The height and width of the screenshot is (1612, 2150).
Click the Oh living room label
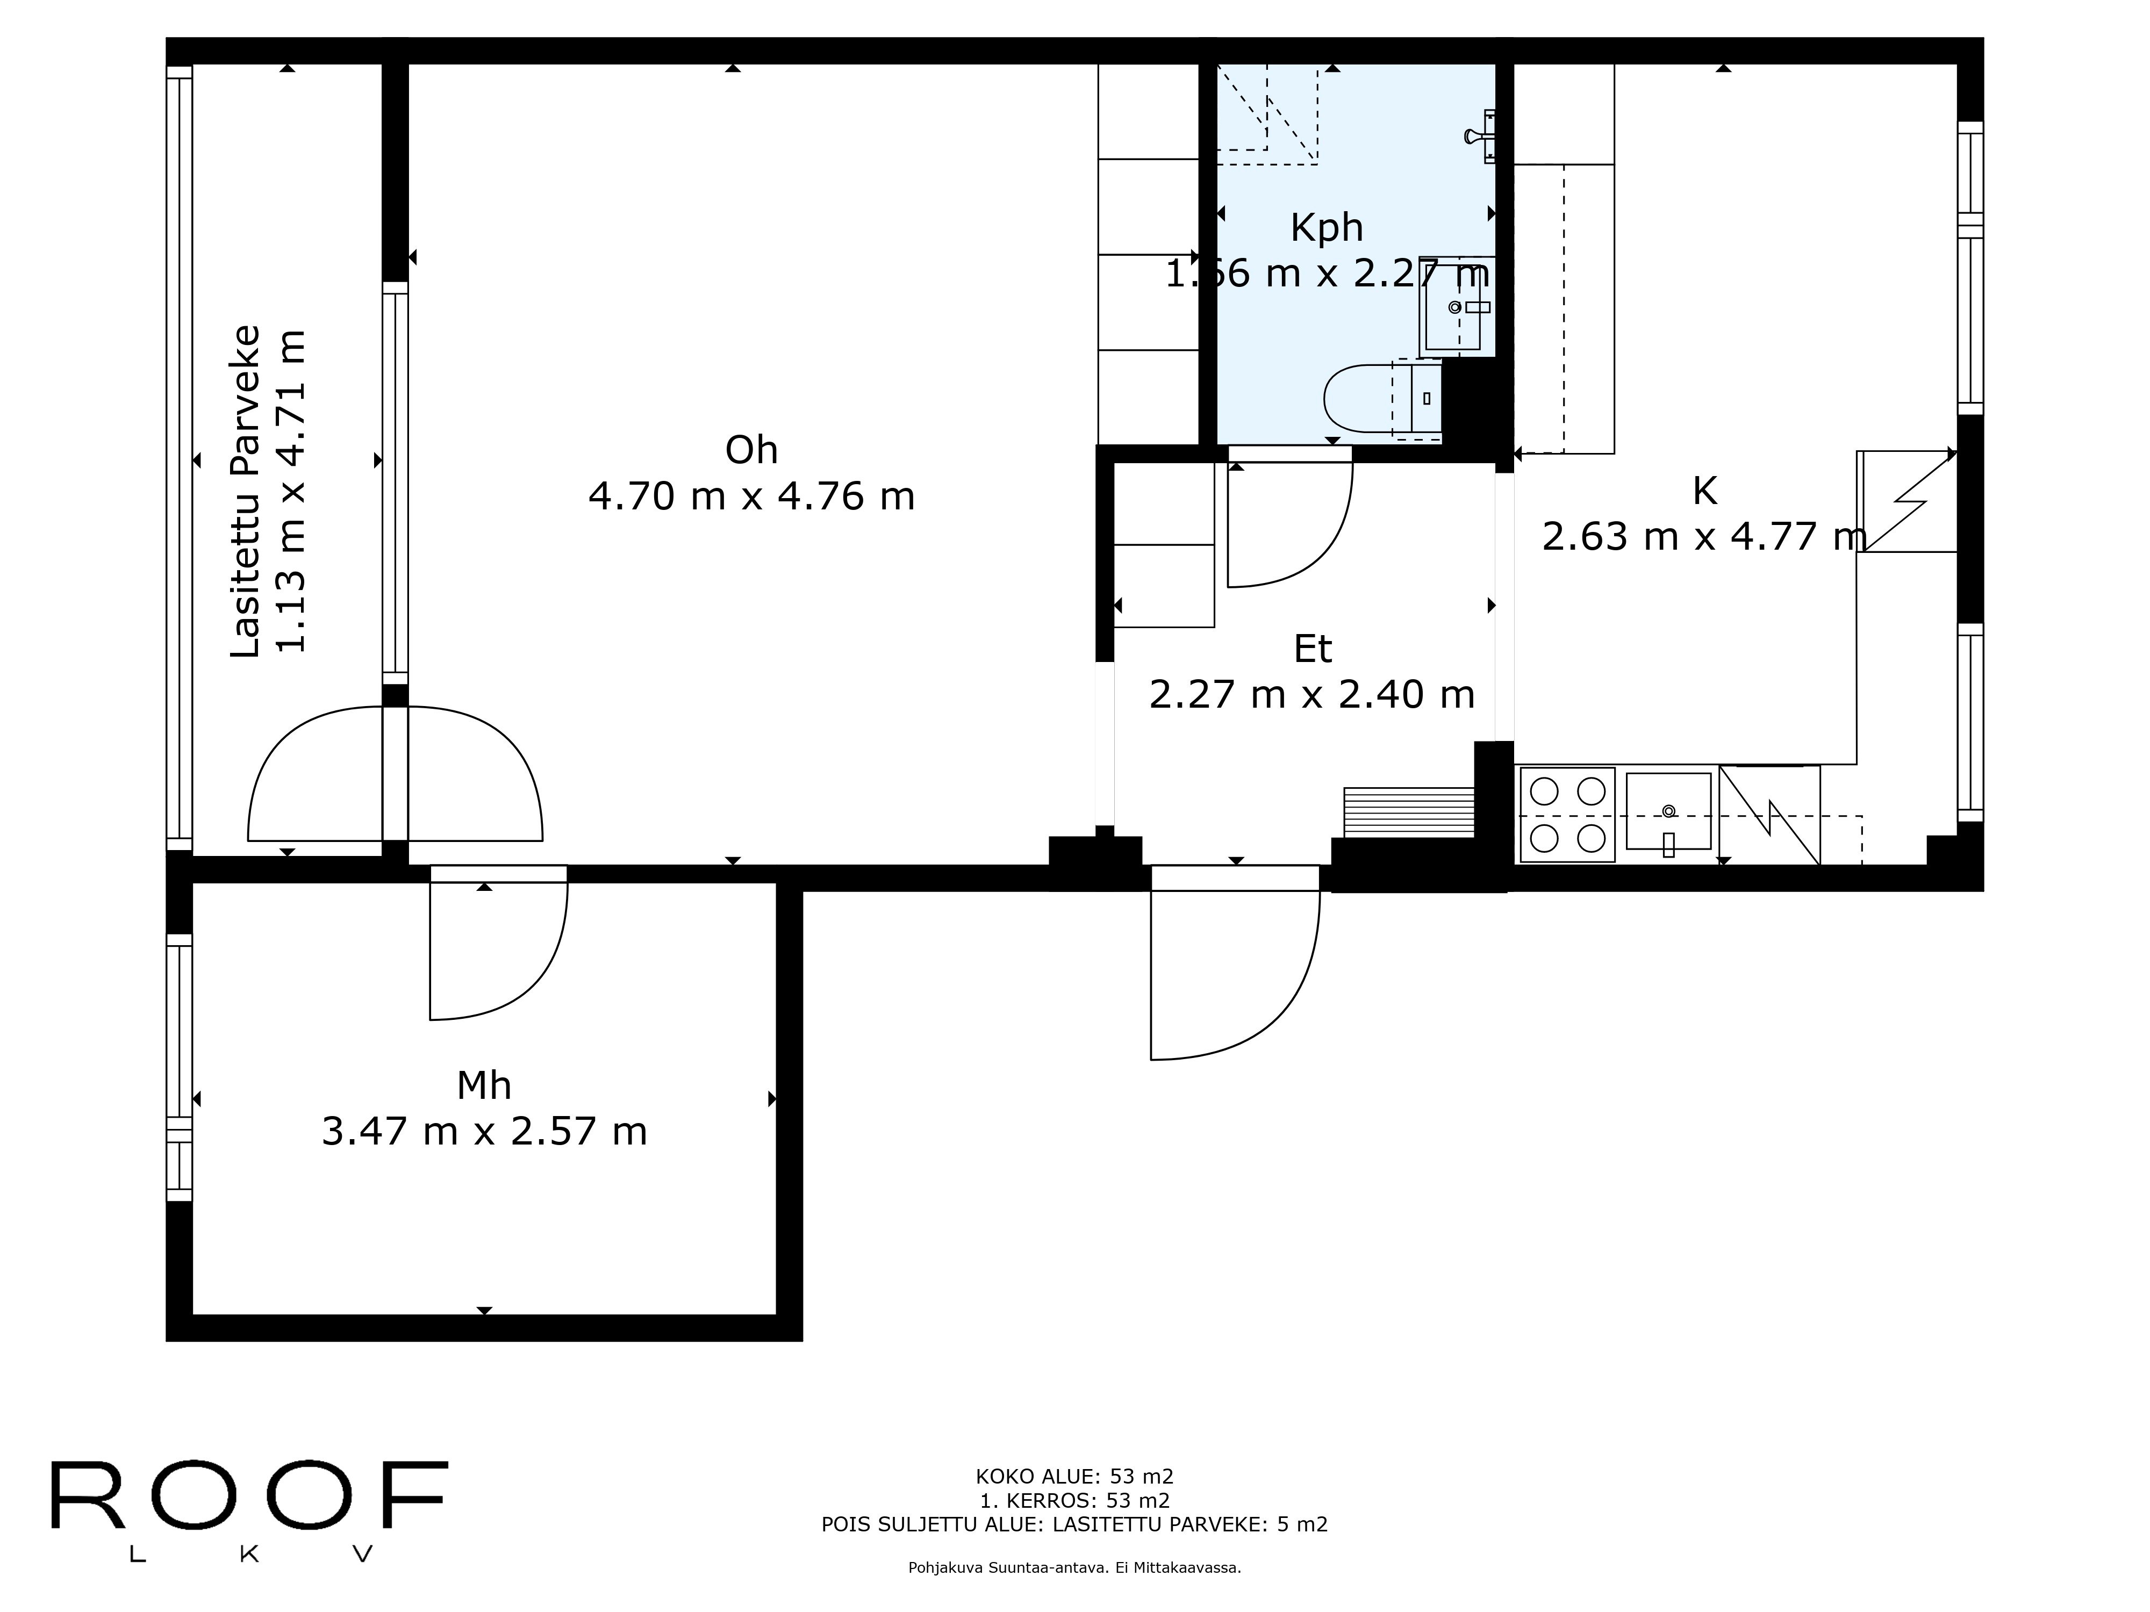pyautogui.click(x=751, y=450)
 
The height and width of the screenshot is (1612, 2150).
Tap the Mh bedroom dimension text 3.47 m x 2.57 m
pyautogui.click(x=484, y=1131)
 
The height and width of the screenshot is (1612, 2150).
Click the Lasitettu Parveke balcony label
pyautogui.click(x=246, y=491)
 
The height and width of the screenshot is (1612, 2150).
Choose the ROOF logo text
pyautogui.click(x=249, y=1495)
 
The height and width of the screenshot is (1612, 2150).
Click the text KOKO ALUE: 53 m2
pyautogui.click(x=1075, y=1477)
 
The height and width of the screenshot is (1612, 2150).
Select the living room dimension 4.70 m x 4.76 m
pyautogui.click(x=751, y=496)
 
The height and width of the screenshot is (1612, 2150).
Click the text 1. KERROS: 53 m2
pyautogui.click(x=1075, y=1500)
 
